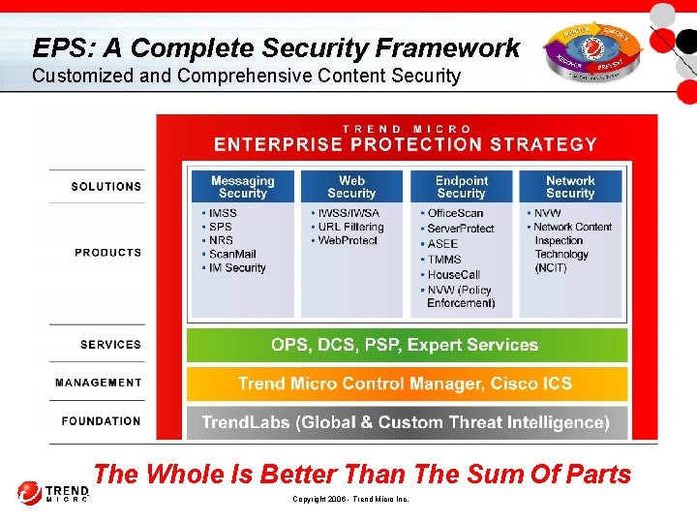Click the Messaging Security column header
point(242,187)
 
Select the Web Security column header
point(351,187)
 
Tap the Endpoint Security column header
point(461,187)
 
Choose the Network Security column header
point(570,187)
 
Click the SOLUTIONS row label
point(106,186)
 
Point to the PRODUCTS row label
point(107,252)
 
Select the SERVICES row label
point(110,344)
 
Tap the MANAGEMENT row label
point(98,383)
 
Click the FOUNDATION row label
point(101,421)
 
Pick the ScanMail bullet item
point(236,254)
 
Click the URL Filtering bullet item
point(350,227)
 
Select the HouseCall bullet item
point(453,274)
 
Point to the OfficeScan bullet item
point(454,212)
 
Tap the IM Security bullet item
point(236,267)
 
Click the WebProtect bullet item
point(347,240)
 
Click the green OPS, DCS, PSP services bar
point(406,345)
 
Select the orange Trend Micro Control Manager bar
point(406,384)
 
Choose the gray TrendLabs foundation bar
point(406,422)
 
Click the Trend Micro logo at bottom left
point(51,493)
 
